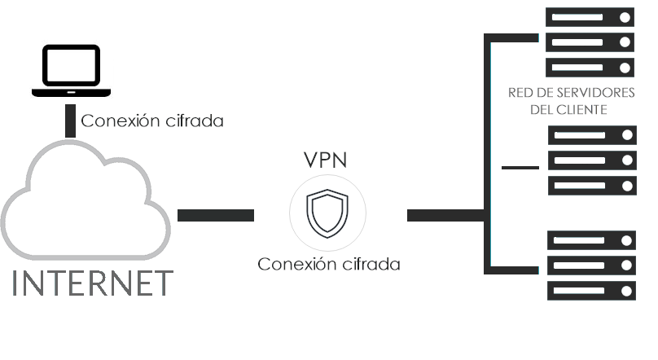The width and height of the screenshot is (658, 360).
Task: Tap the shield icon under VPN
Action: point(327,213)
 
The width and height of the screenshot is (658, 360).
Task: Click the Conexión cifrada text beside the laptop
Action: point(152,121)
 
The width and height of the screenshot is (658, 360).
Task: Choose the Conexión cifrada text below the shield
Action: point(329,265)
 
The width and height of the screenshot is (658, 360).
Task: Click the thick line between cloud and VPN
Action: point(216,215)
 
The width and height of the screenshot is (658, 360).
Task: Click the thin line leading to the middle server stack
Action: point(521,167)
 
